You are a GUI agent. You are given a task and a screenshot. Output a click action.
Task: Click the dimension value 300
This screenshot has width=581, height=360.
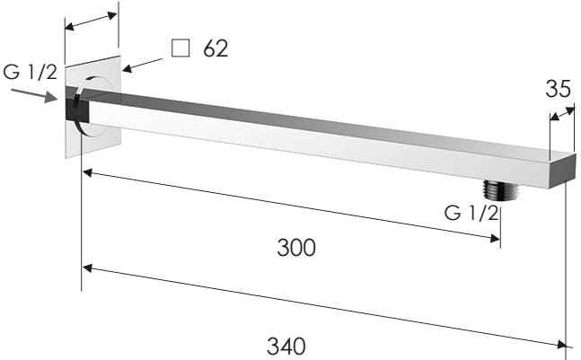296,248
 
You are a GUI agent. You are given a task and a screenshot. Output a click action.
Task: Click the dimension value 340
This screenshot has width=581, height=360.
286,344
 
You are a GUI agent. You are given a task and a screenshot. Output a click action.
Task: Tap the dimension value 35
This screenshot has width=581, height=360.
558,89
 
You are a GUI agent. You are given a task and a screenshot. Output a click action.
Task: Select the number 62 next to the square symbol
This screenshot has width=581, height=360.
215,48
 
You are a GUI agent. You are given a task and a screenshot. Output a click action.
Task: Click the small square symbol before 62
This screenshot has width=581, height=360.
180,48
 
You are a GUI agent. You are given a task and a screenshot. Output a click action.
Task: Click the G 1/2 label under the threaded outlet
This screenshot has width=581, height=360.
471,213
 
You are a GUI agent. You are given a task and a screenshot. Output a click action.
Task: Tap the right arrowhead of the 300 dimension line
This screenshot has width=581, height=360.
495,238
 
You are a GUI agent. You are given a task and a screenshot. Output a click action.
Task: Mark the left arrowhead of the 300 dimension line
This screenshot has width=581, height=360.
86,171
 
